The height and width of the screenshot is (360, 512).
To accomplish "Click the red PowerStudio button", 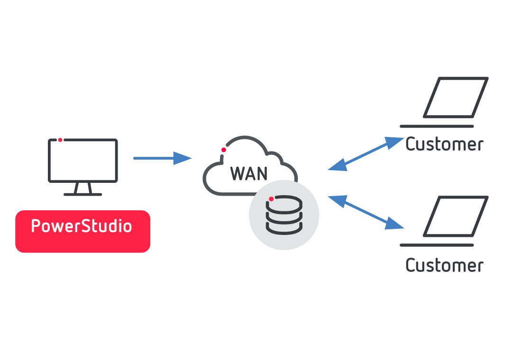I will tap(82, 231).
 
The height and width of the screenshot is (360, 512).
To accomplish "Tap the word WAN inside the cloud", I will tap(249, 173).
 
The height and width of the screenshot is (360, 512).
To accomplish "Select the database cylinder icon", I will tap(284, 215).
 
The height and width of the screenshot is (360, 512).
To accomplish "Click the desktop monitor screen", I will tap(83, 161).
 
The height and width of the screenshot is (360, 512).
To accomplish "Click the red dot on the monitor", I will tap(60, 140).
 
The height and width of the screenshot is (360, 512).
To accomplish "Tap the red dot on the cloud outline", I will tap(224, 150).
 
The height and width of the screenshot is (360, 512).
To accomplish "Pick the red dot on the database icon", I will tap(271, 199).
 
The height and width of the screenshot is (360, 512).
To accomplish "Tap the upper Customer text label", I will tap(444, 144).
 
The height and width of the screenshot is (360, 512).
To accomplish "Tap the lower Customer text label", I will tap(444, 265).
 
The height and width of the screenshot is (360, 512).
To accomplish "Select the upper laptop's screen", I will tap(456, 98).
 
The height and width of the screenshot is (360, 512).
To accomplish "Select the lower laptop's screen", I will tap(456, 216).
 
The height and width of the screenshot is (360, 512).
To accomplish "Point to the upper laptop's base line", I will tap(437, 126).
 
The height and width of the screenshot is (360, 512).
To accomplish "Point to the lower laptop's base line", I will tap(437, 245).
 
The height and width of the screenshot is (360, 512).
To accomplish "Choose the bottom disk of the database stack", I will tap(284, 227).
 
